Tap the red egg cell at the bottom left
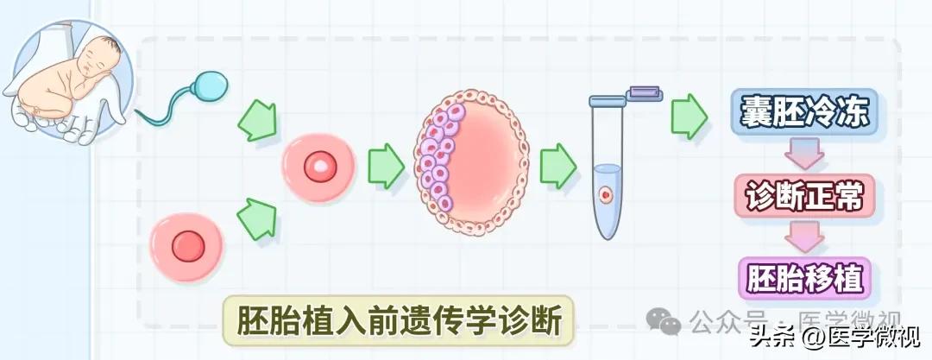pos(187,247)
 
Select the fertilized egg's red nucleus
pos(318,167)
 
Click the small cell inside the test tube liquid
pos(608,196)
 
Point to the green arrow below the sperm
pos(257,120)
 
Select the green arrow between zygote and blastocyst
pos(386,167)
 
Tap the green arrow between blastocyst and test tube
pos(557,165)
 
